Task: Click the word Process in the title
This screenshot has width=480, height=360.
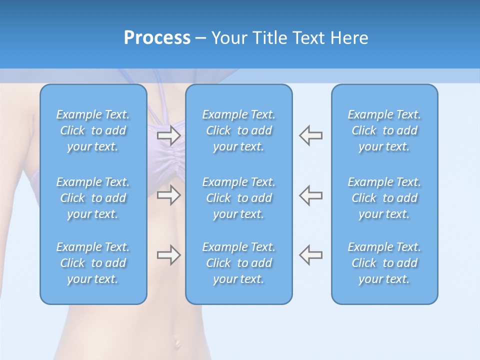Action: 157,38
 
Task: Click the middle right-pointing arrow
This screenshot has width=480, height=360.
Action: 168,195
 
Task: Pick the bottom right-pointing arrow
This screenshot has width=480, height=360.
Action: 168,255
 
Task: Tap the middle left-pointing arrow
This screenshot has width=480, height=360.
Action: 311,195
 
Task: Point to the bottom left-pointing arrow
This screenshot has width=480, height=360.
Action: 311,255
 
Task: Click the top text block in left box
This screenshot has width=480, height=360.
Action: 93,130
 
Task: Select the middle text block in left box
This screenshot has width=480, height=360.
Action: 93,198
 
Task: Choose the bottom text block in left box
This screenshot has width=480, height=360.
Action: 93,263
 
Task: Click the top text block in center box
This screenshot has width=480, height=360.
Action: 238,130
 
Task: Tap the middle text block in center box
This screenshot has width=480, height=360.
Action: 238,198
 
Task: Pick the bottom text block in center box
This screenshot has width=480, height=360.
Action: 238,263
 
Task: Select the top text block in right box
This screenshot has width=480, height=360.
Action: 384,130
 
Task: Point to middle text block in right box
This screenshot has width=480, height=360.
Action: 384,198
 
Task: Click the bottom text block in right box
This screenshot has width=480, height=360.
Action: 384,263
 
